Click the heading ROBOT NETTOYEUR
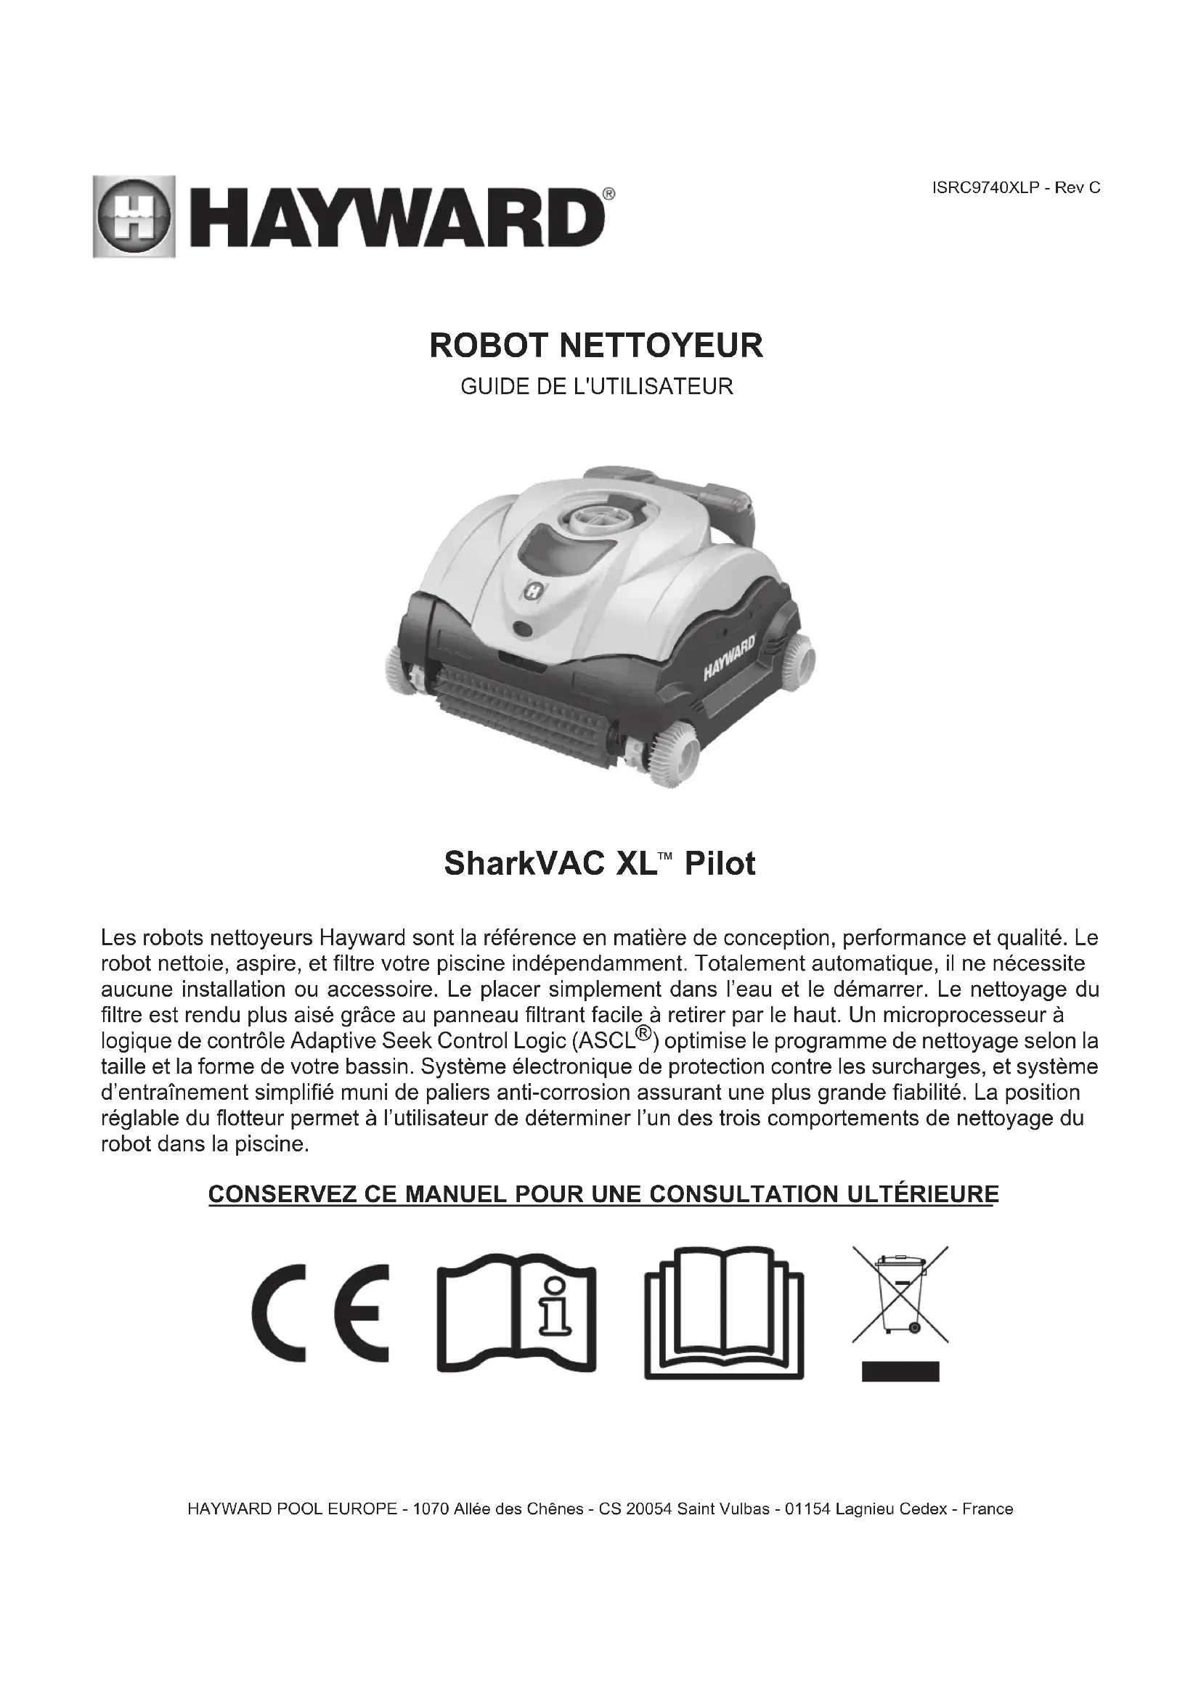[596, 346]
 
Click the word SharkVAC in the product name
[513, 864]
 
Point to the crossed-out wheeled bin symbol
[900, 1294]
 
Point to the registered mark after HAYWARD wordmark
[608, 194]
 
